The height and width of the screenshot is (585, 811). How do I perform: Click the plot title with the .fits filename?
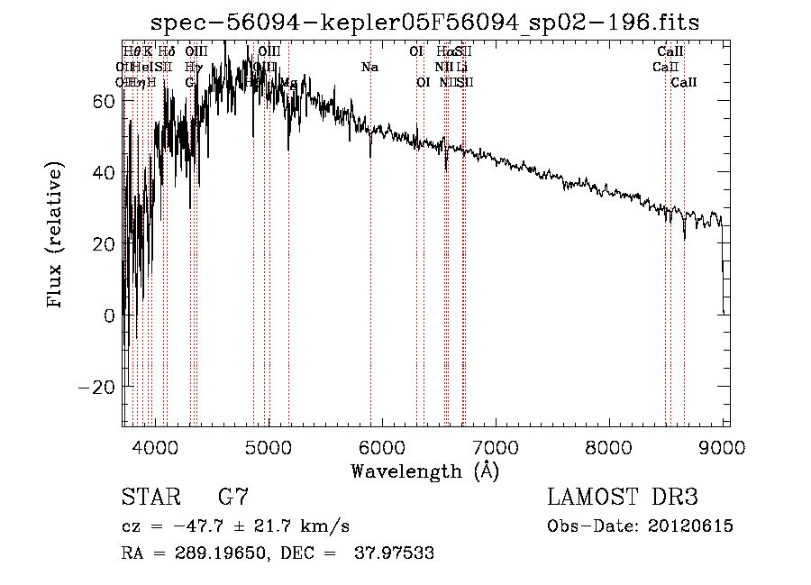(x=424, y=22)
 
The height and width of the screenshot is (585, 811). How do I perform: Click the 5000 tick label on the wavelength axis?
(x=268, y=446)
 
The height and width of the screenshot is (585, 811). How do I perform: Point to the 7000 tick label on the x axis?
(x=495, y=446)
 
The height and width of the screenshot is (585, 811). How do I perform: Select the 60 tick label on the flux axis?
(x=102, y=101)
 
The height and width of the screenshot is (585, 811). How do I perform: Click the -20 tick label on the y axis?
(x=96, y=387)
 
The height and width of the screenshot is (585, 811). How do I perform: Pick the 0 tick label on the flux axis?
(x=109, y=315)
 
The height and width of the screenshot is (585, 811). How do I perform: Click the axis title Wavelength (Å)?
(x=424, y=471)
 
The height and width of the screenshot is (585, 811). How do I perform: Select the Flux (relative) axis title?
(x=57, y=236)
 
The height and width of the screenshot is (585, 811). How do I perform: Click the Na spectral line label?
(x=369, y=67)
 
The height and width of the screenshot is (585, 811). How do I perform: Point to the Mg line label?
(x=288, y=83)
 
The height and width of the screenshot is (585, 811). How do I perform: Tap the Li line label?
(x=461, y=67)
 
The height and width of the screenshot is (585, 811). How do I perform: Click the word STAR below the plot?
(x=149, y=497)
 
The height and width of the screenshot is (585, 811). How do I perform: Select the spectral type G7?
(x=232, y=497)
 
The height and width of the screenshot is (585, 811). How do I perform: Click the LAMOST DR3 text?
(x=623, y=497)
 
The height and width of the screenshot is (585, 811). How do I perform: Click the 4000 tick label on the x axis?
(x=154, y=446)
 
